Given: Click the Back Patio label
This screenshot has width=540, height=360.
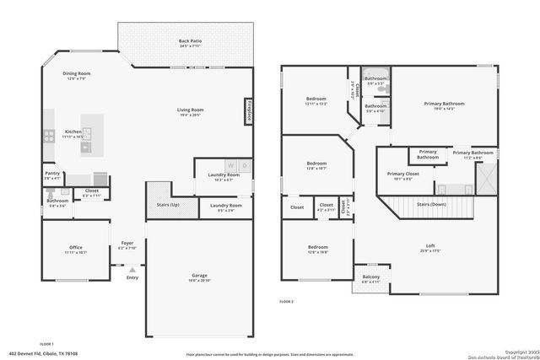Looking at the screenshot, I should pos(190,40).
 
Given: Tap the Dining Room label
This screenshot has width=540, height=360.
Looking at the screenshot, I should pos(77,73).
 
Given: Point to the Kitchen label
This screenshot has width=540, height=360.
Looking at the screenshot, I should pos(73,132).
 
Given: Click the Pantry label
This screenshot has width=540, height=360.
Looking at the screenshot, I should pos(52,174).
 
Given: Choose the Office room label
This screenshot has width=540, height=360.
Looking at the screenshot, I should pos(76,247).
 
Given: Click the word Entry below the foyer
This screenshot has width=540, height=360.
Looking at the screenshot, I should pos(132,277).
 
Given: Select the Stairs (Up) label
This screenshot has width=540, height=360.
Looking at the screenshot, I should pos(169,205).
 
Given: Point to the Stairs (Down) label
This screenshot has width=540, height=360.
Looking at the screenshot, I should pos(432,204).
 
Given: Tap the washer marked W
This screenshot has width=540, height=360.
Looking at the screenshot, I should pos(229,165).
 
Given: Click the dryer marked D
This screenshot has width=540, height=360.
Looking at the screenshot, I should pos(245,165).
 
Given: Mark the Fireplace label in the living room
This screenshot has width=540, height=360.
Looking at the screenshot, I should pos(249,111).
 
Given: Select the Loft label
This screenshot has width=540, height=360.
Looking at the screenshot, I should pos(430,245).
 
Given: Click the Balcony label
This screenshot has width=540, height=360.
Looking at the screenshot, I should pos(371,277).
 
